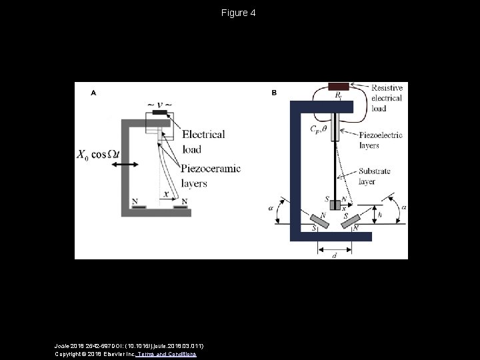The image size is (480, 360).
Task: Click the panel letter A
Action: point(93,93)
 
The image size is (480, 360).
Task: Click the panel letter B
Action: point(274,93)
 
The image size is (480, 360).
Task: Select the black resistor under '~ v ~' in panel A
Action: point(160,113)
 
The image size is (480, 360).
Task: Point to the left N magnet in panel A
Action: point(139,206)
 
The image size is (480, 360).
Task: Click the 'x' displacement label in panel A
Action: point(166,194)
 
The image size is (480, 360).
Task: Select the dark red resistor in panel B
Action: point(338,86)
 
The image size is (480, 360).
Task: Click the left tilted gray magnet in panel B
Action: point(320,221)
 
